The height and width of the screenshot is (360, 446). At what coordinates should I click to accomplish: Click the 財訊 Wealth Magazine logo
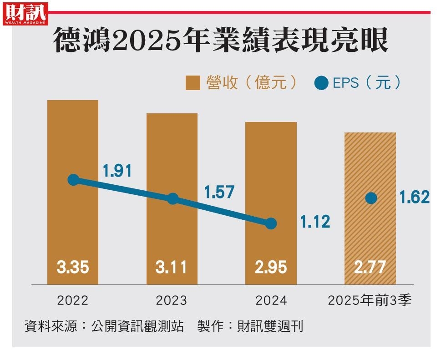pos(26,13)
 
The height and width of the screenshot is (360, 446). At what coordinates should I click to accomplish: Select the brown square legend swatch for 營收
pos(193,83)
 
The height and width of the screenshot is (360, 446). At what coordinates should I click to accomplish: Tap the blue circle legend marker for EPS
pos(321,83)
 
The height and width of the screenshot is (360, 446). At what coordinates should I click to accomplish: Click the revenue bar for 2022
pos(73,137)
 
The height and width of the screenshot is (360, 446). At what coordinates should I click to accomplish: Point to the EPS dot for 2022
pos(73,180)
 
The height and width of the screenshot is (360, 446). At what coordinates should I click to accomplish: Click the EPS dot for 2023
pos(172,199)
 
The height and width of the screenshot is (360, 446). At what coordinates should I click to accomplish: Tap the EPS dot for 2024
pos(271,223)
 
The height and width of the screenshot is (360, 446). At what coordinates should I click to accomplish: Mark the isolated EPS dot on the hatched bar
pos(371,198)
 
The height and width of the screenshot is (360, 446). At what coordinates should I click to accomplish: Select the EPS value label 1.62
pos(415,198)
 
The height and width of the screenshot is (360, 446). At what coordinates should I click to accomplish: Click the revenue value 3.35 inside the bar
pos(73,267)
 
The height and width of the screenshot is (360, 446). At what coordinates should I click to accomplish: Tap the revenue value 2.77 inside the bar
pos(370,267)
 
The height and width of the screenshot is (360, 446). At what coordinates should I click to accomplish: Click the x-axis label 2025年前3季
pos(370,300)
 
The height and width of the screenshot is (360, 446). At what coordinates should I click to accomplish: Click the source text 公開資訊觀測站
pos(137,326)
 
